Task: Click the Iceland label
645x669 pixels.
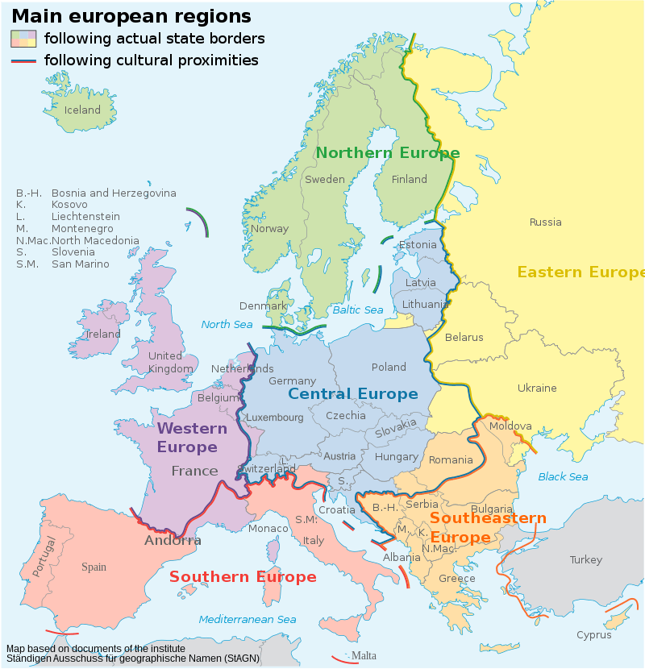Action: [82, 110]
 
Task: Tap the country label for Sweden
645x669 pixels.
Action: [324, 180]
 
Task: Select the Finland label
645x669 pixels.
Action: [409, 180]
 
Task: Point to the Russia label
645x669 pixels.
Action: [546, 222]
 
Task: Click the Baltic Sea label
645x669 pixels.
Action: [357, 310]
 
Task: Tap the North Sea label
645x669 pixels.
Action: [227, 325]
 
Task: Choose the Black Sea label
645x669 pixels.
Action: [563, 477]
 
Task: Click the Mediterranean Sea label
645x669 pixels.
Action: [248, 620]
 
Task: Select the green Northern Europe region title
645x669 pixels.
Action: [387, 153]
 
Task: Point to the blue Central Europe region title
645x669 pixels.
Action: [353, 394]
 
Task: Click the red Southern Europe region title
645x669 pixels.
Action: [243, 577]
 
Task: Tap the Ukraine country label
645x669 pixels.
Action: [537, 389]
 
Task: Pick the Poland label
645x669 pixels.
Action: [389, 368]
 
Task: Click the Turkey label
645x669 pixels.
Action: [585, 560]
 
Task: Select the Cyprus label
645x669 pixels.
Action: [593, 635]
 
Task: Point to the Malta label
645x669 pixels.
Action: [364, 656]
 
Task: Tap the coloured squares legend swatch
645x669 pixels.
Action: [23, 38]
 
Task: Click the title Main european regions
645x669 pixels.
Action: [131, 16]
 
